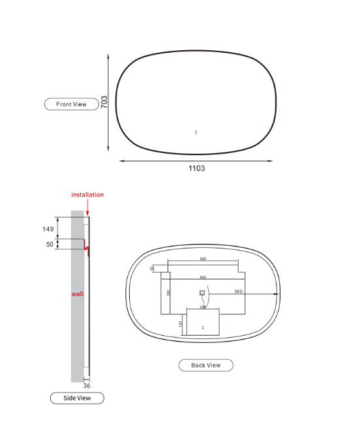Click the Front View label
(71, 104)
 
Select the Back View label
(205, 365)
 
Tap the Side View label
(77, 398)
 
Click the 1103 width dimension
(196, 168)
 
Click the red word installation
(87, 194)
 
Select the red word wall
(78, 294)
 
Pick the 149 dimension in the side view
(48, 229)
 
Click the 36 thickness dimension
(87, 386)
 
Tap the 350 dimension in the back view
(239, 291)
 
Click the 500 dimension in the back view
(203, 259)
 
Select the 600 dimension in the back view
(203, 277)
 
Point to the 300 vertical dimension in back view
(168, 293)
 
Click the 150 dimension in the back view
(181, 323)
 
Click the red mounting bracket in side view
(86, 248)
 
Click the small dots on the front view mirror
(196, 132)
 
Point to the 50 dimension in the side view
(50, 244)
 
